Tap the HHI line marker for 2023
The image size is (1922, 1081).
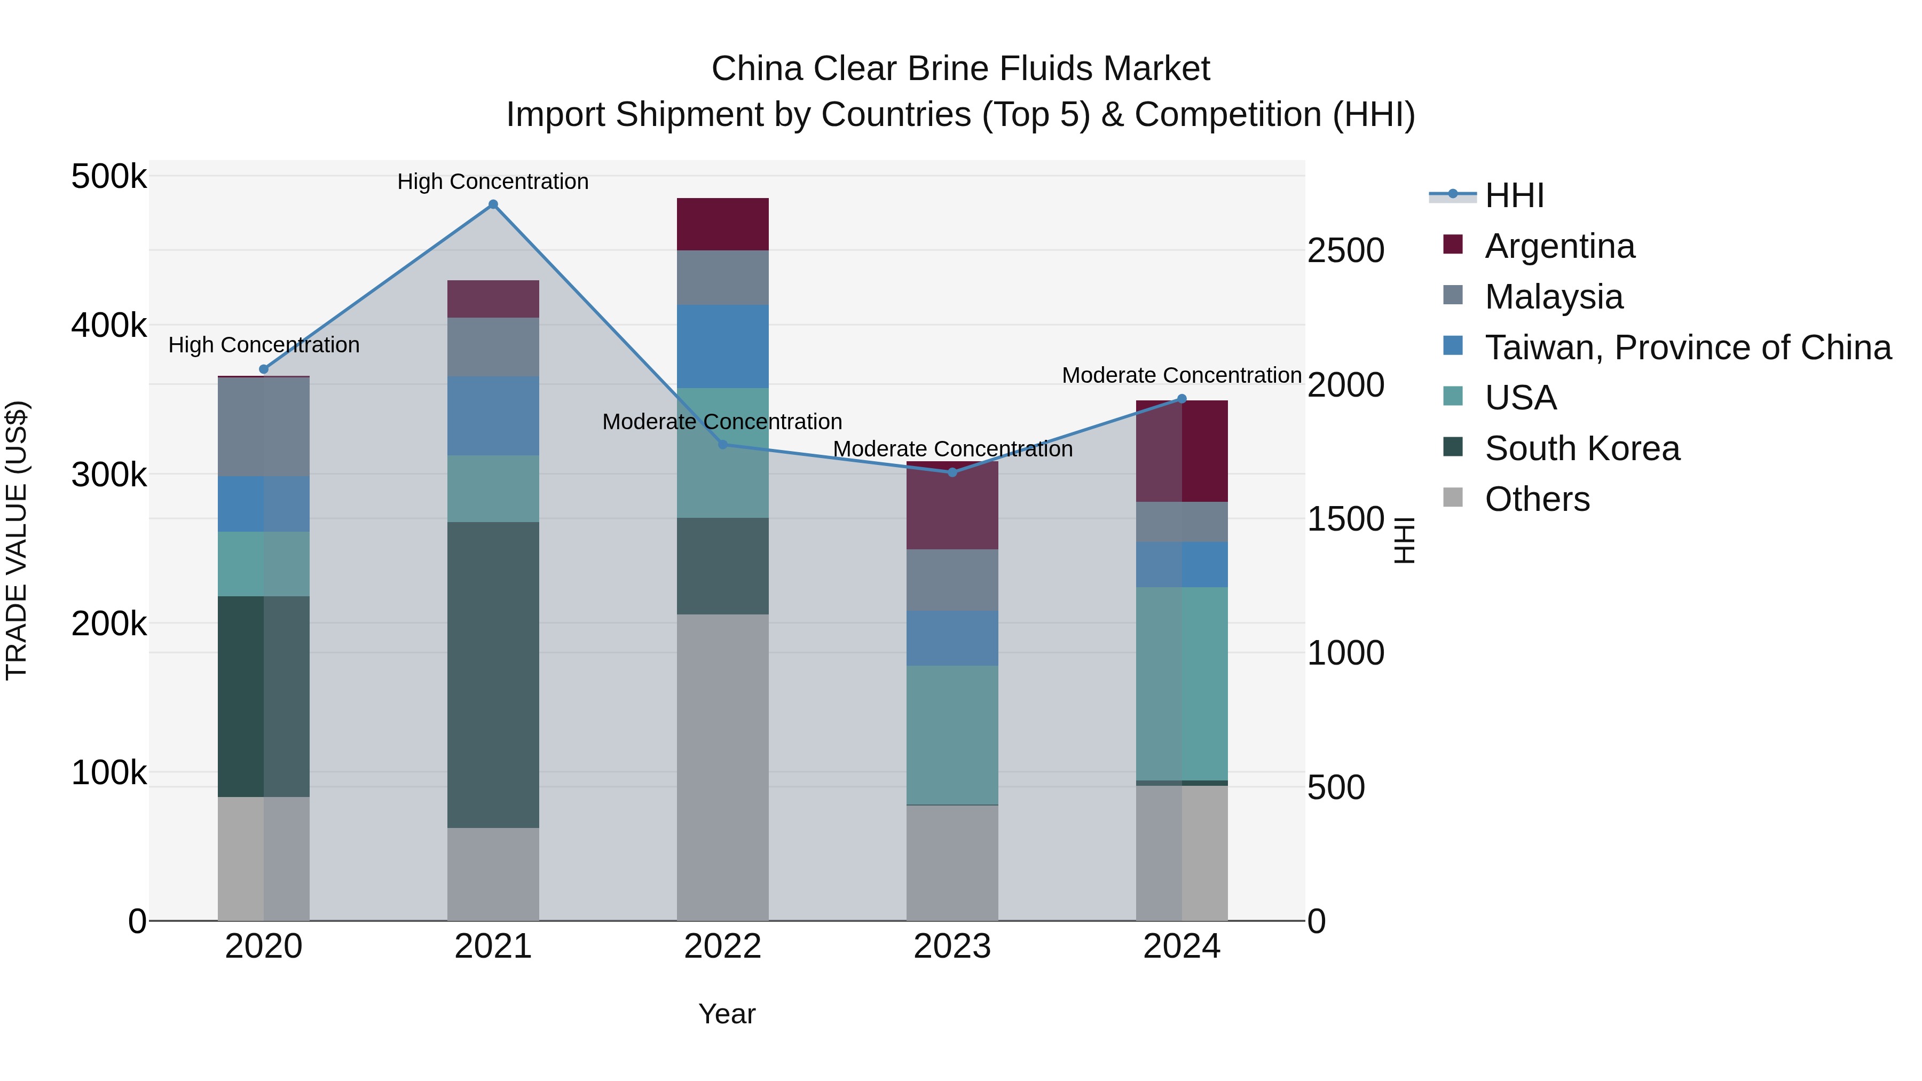(x=952, y=472)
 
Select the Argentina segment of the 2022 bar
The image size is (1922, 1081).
(x=722, y=224)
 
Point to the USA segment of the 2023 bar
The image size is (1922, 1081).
(x=952, y=735)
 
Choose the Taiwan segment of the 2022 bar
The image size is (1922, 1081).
(x=722, y=346)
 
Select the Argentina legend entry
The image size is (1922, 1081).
(x=1559, y=246)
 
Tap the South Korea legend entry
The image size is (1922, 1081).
(x=1582, y=448)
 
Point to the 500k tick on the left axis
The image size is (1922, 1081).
(x=109, y=178)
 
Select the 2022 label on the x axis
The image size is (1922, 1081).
(x=722, y=946)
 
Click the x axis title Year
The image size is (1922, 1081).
(x=727, y=1014)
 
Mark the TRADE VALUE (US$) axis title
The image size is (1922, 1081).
(x=17, y=540)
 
